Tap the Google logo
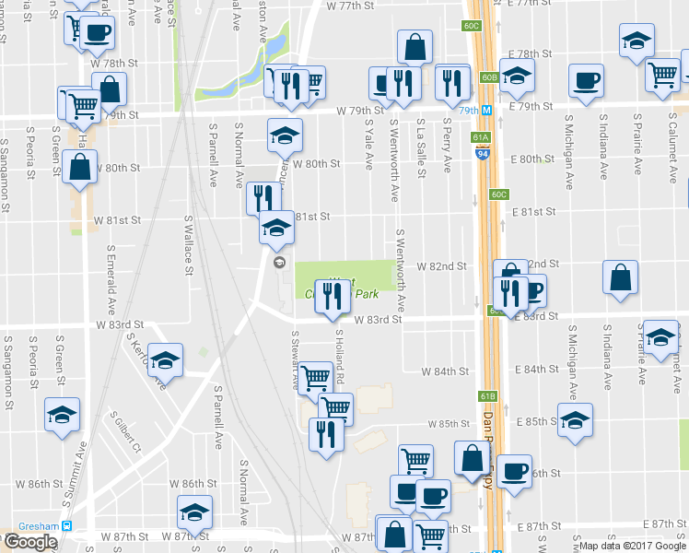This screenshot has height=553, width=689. (29, 542)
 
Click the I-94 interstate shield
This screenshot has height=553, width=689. (483, 155)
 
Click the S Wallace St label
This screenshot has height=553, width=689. (188, 243)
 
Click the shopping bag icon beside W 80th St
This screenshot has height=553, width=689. (80, 167)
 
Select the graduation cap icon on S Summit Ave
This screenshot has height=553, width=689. (62, 415)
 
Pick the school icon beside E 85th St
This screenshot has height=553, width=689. (576, 419)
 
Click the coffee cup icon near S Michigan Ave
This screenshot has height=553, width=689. (585, 80)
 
